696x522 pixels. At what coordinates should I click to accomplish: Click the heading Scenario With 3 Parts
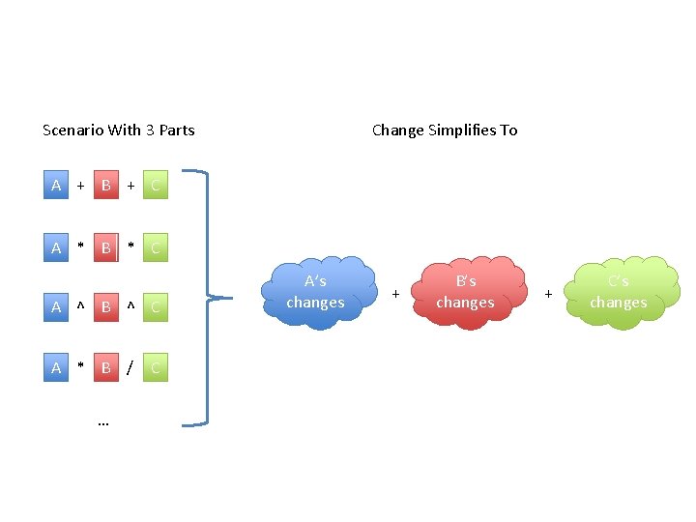tap(119, 130)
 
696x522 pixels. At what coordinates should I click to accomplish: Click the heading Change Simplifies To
tap(445, 130)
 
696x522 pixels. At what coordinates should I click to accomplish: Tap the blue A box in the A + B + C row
tap(56, 186)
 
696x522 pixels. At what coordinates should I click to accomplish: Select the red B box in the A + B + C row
tap(106, 186)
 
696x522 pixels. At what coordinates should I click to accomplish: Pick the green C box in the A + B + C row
tap(156, 186)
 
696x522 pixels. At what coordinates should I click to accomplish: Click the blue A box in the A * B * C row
tap(56, 248)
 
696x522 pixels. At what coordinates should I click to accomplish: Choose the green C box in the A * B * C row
tap(156, 248)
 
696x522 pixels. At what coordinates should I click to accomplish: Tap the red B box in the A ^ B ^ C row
tap(106, 307)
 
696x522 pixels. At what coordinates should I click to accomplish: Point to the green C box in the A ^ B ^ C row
tap(156, 307)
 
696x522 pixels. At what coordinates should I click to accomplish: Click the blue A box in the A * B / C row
tap(56, 367)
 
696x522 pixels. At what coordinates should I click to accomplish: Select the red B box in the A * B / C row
tap(106, 367)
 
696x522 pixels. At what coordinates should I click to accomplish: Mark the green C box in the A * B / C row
tap(156, 367)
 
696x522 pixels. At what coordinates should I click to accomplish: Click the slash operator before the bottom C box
tap(130, 367)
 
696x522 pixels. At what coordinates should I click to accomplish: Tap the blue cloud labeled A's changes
tap(316, 291)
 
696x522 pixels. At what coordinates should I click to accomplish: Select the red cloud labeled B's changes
tap(465, 291)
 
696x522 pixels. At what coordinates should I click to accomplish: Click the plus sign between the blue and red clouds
tap(395, 291)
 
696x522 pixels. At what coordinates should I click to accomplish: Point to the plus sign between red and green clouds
tap(548, 291)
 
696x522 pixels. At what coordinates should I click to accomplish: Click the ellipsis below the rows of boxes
tap(103, 421)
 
